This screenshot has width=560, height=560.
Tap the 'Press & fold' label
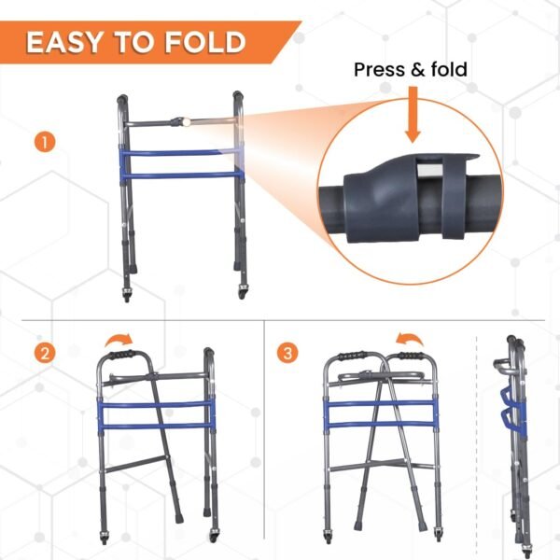[x=410, y=70]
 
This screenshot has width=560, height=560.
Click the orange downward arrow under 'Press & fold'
[x=413, y=116]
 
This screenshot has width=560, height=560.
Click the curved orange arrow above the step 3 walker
[x=405, y=337]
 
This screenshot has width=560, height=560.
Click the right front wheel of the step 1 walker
[x=242, y=293]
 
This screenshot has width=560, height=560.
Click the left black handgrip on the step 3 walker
[x=350, y=356]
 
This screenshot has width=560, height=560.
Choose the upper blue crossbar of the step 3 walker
[x=381, y=404]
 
